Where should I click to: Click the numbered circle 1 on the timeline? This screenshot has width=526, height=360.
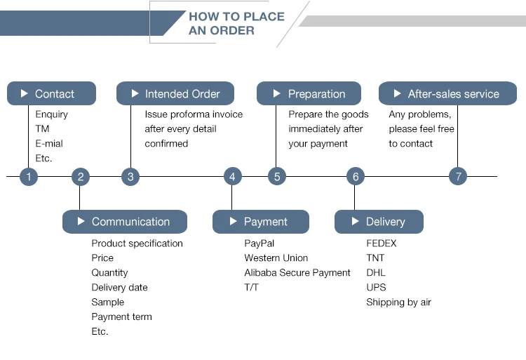tap(29, 177)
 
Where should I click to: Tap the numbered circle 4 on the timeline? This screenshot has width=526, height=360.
tap(233, 177)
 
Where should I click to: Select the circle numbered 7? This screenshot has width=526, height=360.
tap(458, 177)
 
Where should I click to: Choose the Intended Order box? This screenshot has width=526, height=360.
tap(175, 94)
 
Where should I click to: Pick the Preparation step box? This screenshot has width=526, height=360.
tap(309, 94)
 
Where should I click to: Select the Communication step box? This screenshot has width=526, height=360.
tap(124, 222)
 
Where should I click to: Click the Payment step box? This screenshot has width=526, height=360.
tap(260, 222)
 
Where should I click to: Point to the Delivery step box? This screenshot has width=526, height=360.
tap(379, 222)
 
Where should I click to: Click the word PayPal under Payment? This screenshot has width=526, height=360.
tap(259, 244)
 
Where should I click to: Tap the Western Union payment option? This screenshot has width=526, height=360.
tap(276, 258)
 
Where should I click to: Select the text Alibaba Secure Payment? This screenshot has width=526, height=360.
tap(297, 273)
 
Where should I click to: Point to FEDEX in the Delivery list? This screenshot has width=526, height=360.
tap(381, 244)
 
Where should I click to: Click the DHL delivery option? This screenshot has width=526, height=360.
tap(376, 273)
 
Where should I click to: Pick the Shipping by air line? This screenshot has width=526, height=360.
tap(398, 302)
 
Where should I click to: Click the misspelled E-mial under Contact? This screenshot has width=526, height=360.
tap(49, 144)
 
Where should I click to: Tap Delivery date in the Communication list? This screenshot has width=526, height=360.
tap(119, 288)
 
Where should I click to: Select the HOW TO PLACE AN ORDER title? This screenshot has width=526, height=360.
tap(236, 23)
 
